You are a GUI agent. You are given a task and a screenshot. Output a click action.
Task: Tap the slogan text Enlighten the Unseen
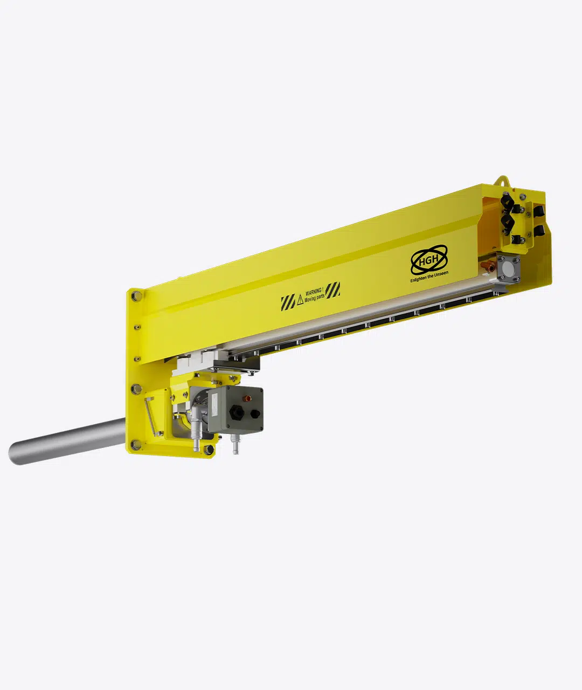pos(429,277)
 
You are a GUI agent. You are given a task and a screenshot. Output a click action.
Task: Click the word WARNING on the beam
pos(314,292)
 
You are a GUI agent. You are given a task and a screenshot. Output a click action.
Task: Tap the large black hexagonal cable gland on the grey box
pos(236,412)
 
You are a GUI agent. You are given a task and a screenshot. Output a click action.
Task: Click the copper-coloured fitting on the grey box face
pos(247,399)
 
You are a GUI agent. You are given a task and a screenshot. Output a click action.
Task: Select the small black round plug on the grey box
pos(255,413)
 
